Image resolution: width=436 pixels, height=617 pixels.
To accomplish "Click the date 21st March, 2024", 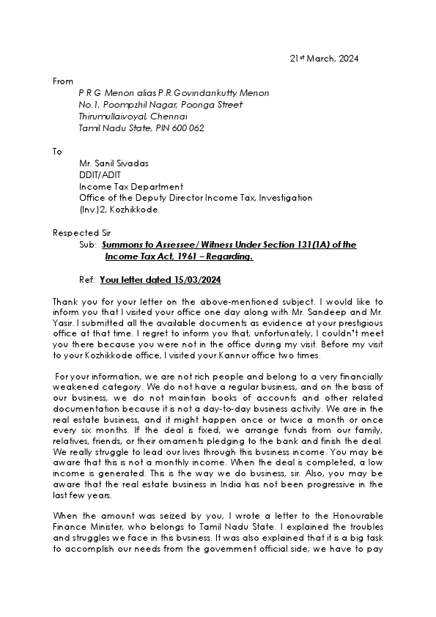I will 323,59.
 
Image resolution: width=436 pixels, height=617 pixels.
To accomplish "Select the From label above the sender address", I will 63,81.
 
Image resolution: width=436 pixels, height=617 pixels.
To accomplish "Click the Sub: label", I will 88,245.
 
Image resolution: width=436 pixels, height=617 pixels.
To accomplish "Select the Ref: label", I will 87,280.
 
